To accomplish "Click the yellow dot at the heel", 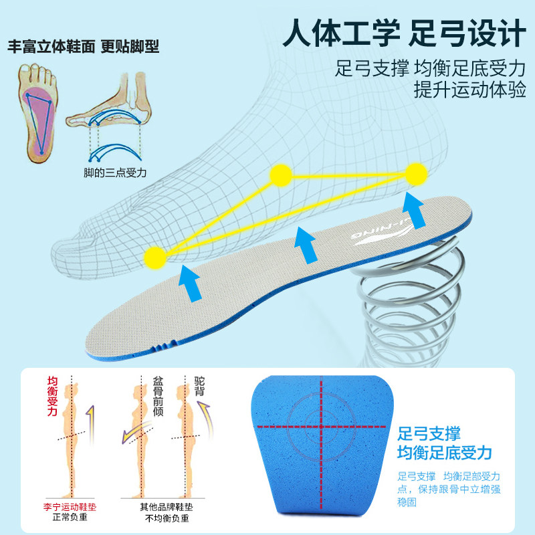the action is click(x=416, y=174).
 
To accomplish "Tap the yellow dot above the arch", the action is click(x=281, y=175).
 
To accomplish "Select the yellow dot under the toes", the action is click(x=155, y=257).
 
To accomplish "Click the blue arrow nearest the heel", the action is click(x=413, y=211).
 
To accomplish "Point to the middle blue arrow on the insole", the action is click(x=306, y=245).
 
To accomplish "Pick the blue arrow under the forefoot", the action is click(x=191, y=283).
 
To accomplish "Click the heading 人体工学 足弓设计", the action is click(x=405, y=33).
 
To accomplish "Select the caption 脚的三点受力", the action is click(x=115, y=173).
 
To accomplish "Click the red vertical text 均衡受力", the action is click(x=52, y=396).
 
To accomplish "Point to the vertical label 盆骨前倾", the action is click(x=158, y=396).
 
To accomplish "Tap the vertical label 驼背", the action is click(x=199, y=386).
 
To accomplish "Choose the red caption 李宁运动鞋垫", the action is click(x=70, y=507).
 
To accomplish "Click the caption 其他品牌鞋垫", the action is click(x=167, y=507).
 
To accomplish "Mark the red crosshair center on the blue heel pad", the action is click(x=321, y=427).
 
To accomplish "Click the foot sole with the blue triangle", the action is click(x=39, y=112).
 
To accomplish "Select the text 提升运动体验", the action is click(x=470, y=90).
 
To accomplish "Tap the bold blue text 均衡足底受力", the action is click(x=445, y=453).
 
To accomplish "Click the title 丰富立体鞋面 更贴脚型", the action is click(x=84, y=46).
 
